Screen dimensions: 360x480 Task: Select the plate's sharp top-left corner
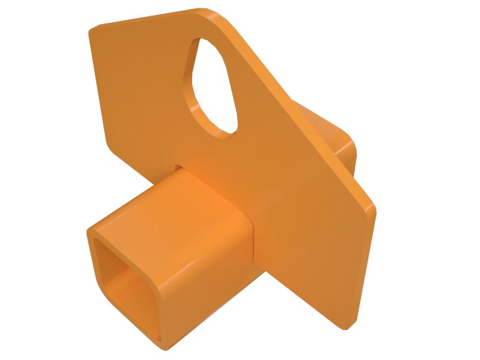[91, 30]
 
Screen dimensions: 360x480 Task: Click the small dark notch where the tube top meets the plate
[178, 166]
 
